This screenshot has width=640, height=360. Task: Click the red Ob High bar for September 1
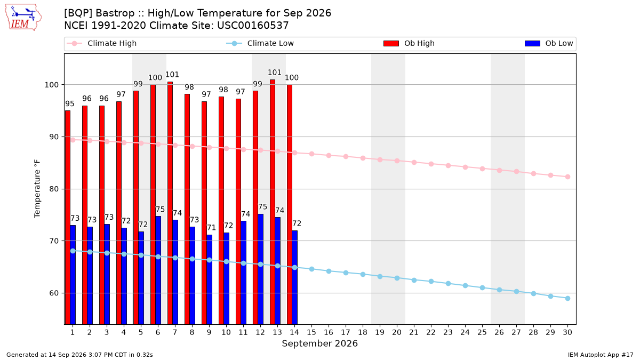[x=68, y=218]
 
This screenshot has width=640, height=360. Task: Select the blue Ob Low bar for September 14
[x=295, y=277]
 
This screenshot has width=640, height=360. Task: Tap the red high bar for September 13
[x=273, y=202]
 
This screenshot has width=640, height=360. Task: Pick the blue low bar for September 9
[x=210, y=279]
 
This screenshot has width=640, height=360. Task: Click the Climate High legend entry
[x=102, y=43]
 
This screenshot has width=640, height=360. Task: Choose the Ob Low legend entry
[x=549, y=43]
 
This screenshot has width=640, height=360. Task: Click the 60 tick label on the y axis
[x=51, y=293]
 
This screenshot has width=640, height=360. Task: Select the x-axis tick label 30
[x=567, y=332]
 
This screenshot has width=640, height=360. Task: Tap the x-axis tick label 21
[x=414, y=332]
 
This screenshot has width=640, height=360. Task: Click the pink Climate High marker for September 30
[x=567, y=177]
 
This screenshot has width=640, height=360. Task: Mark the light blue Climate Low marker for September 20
[x=397, y=278]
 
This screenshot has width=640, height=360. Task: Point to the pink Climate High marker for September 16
[x=329, y=155]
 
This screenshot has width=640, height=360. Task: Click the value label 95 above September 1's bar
[x=70, y=103]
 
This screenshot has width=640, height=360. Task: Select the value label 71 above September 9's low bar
[x=211, y=228]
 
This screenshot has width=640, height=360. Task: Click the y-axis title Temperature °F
[x=37, y=189]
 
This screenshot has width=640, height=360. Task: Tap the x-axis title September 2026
[x=319, y=343]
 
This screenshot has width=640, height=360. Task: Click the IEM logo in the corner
[x=23, y=17]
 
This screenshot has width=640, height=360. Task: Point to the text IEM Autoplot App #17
[x=601, y=355]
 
